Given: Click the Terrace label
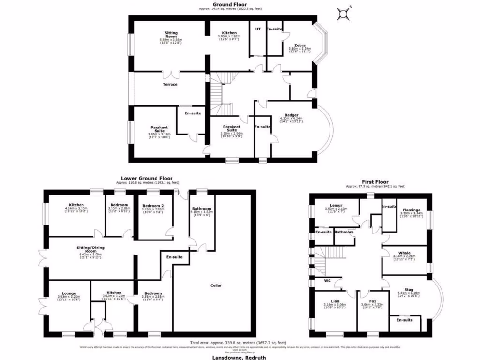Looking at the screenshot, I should coord(170,84).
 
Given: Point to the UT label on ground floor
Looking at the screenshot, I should coord(257,29).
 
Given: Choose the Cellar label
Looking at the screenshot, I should coord(216,285).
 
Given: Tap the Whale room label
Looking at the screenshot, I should coord(404,253).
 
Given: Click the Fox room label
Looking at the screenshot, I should coord(372,301).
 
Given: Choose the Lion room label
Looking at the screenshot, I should coord(335,301).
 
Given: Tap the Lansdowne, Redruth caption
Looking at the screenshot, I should coord(240,357).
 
